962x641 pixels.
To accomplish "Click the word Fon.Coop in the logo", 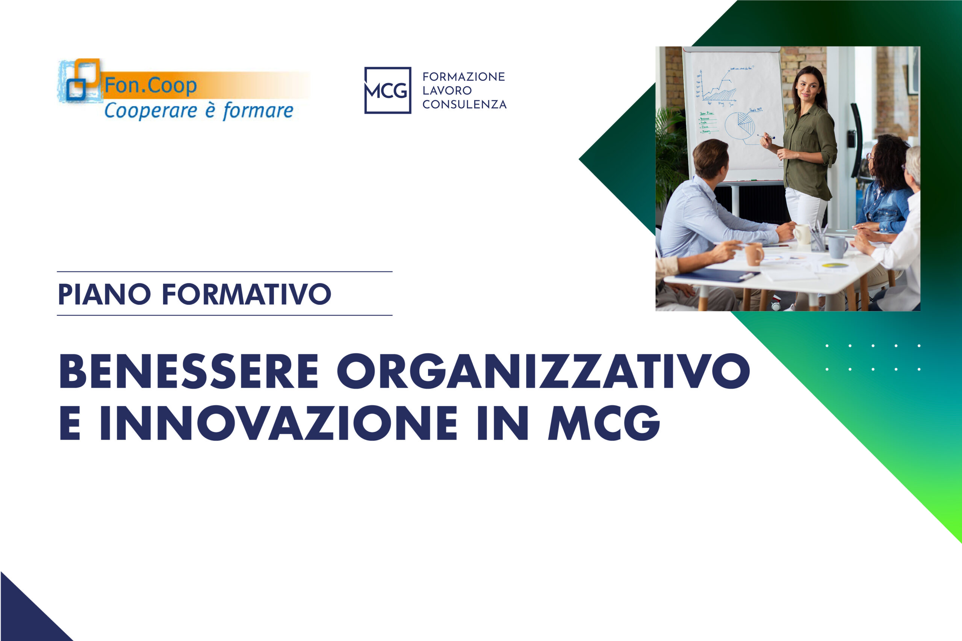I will pos(150,85).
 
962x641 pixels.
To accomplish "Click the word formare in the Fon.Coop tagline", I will pos(258,111).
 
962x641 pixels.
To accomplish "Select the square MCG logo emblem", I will pos(387,90).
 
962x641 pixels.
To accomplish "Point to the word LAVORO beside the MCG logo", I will pos(447,90).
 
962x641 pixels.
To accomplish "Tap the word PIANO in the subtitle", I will pos(104,294).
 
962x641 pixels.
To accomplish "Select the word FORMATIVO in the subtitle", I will pos(247,294).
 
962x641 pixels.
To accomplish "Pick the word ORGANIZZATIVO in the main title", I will pos(543,371).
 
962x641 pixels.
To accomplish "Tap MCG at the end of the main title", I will pos(604,423).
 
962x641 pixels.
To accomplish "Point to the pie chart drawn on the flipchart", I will pos(740,125).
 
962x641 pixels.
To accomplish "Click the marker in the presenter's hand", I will pos(767,136).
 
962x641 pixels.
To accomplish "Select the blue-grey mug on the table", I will pos(837,247).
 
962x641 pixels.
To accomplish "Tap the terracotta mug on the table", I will pos(753,254).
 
